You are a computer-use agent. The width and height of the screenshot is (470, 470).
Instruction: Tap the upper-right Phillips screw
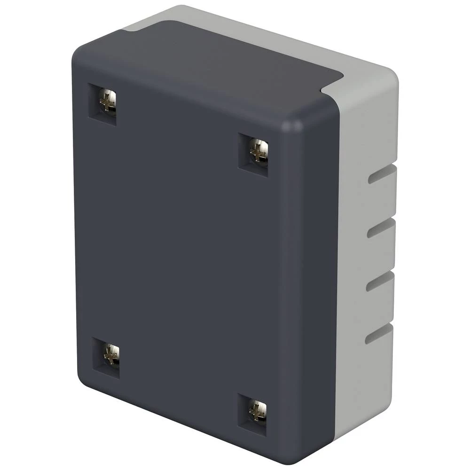[258, 151]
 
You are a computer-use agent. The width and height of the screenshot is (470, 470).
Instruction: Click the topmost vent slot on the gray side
[381, 174]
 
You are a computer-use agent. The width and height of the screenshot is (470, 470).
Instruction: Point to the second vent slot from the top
[380, 227]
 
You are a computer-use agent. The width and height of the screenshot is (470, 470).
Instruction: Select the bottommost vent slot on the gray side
[378, 333]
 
